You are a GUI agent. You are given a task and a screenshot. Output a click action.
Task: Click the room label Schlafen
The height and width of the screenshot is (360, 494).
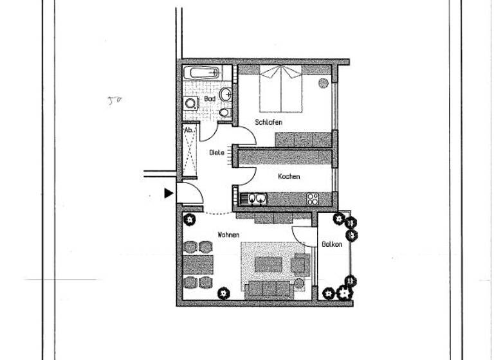[268, 122]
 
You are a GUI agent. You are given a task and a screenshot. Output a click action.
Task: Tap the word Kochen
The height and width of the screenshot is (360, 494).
[289, 176]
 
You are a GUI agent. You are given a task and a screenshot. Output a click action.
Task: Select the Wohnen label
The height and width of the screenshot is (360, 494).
[229, 235]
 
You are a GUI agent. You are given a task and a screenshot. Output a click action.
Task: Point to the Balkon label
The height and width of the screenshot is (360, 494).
[332, 244]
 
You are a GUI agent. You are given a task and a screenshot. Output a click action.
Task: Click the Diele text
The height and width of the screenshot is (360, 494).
[216, 153]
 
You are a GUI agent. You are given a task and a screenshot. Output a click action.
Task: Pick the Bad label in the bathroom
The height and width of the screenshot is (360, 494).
[210, 100]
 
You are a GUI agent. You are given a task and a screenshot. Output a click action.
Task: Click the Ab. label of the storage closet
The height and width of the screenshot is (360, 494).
[189, 130]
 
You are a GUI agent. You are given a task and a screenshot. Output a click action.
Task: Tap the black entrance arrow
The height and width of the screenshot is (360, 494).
[169, 193]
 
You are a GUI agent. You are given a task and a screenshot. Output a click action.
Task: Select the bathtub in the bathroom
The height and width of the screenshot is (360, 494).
[201, 72]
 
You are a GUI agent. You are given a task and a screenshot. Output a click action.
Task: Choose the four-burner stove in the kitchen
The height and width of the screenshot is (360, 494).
[313, 198]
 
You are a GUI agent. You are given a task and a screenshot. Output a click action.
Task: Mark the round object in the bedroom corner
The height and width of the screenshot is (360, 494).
[323, 82]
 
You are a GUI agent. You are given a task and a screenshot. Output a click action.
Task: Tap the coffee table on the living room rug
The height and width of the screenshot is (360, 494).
[269, 264]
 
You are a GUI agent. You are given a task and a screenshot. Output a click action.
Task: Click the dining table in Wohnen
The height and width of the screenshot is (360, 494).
[198, 264]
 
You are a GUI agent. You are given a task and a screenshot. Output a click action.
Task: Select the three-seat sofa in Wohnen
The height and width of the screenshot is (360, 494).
[269, 289]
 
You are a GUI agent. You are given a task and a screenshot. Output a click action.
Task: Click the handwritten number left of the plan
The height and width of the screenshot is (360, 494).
[114, 100]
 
